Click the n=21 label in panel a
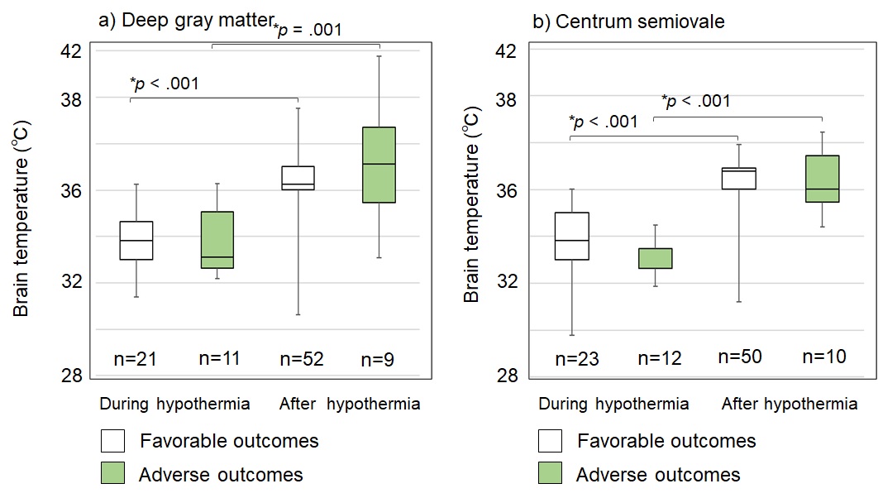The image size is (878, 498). pos(136,359)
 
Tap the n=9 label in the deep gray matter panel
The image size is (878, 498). pos(379,360)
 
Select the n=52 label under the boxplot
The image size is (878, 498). pos(302,359)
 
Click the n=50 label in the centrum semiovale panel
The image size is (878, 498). pos(738,357)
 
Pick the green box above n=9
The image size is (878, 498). pos(379,165)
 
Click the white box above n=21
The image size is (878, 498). pos(136,241)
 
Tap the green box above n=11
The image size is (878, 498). pos(217,240)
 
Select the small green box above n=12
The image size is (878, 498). pos(655,258)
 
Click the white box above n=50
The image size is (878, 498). pos(738,178)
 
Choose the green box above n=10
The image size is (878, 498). pos(823,179)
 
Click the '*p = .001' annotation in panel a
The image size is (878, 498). pos(308,31)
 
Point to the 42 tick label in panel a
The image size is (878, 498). pos(72,50)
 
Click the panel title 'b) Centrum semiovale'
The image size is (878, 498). pos(628,22)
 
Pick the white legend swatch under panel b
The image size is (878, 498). pos(550,440)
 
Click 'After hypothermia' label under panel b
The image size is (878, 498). pos(789,405)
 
